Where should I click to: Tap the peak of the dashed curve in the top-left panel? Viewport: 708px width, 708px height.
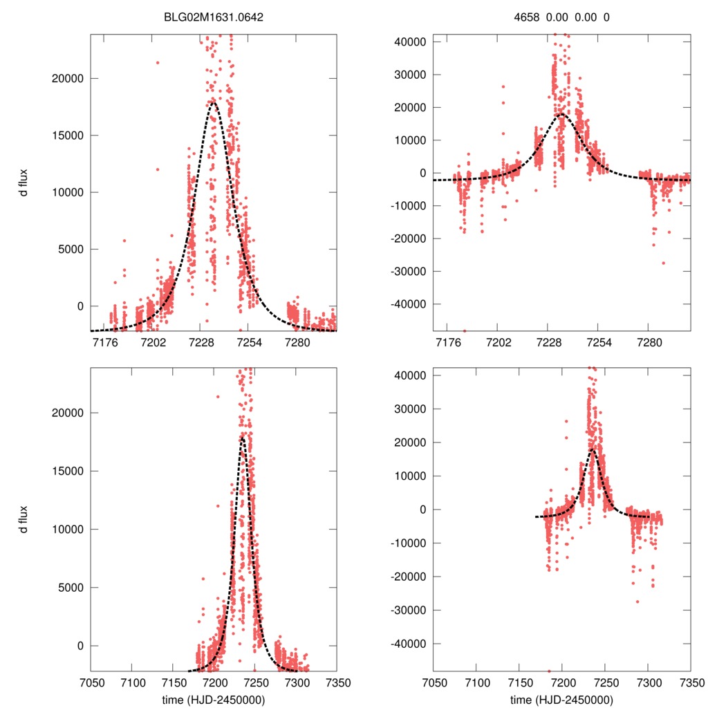213,102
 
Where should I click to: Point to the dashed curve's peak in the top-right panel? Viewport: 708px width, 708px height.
561,113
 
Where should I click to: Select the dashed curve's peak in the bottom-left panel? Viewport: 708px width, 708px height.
243,437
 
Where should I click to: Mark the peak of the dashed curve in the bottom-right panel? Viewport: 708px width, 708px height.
593,449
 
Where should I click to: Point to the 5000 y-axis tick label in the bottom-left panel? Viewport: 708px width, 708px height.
71,588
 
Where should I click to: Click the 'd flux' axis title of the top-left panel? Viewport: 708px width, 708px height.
24,183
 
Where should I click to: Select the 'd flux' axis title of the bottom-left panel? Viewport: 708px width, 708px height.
24,519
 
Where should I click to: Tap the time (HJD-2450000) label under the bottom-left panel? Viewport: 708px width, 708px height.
214,699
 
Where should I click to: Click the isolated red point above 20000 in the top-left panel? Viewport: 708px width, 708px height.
158,63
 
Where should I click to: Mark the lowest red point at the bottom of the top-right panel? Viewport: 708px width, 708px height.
464,330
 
